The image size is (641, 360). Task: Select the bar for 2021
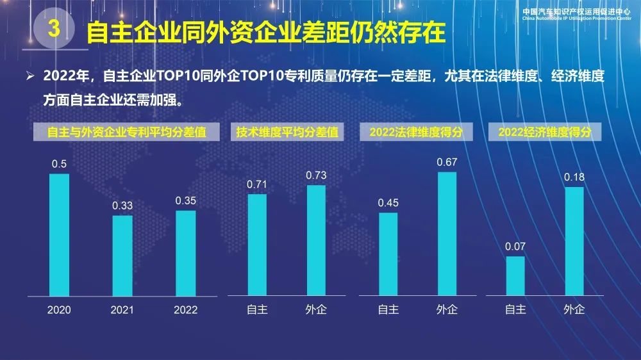point(122,255)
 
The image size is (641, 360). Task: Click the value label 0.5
point(59,165)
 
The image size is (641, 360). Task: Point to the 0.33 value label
point(122,206)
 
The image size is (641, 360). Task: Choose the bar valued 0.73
point(316,240)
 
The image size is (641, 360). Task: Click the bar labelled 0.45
point(388,254)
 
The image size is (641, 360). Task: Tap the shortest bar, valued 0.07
point(515,275)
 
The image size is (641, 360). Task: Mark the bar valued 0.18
point(574,241)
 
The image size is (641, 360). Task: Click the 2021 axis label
point(122,310)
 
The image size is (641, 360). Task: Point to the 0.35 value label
point(186,200)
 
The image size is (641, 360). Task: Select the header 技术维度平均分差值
point(287,133)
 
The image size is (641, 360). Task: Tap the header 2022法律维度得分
point(417,133)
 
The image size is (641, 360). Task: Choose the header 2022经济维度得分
point(544,133)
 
